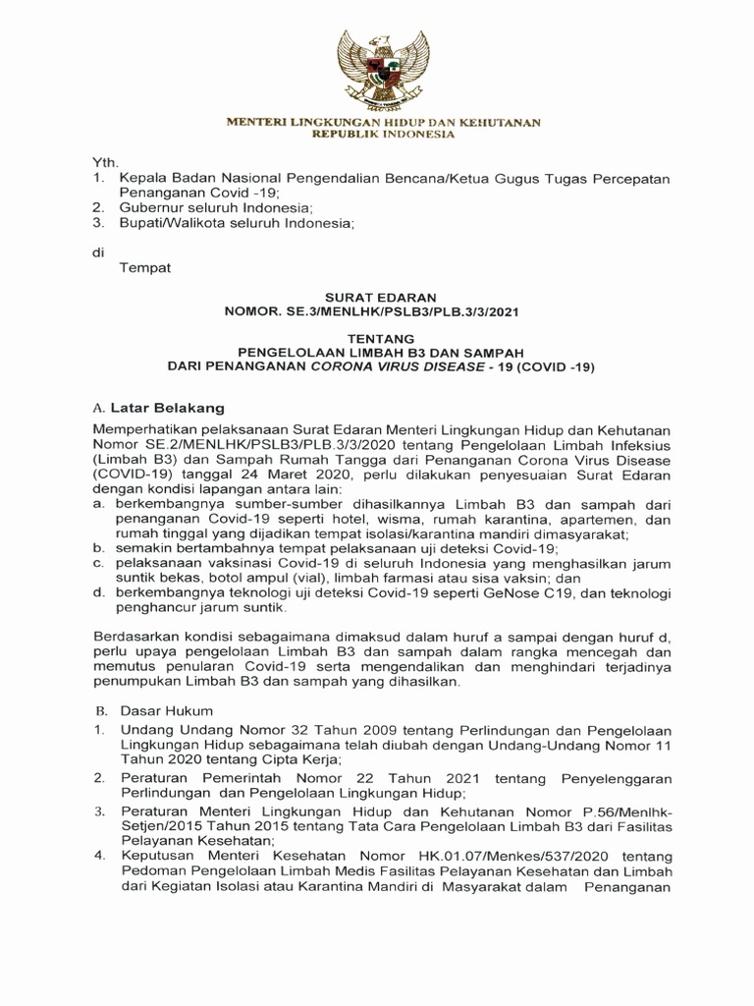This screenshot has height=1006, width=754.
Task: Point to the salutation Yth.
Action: coord(104,161)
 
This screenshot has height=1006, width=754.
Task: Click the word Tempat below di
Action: coord(145,268)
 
